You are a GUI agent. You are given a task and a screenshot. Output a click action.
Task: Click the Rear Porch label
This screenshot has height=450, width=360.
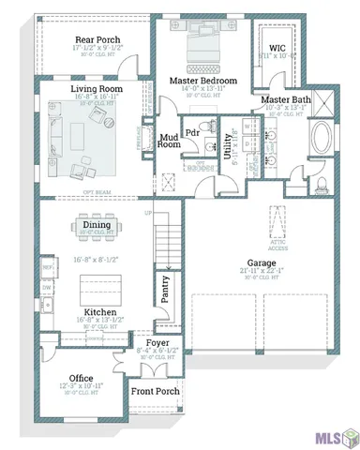point(97,40)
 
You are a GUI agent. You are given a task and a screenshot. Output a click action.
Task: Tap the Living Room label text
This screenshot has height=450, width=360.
point(97,89)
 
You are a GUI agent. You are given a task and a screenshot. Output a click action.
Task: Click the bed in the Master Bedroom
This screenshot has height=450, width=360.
point(202,46)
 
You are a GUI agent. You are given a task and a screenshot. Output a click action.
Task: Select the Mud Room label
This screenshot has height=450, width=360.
point(169,140)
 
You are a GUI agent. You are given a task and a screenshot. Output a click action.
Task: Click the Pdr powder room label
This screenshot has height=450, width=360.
point(192,132)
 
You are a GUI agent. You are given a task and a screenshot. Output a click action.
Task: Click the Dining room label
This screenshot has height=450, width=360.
point(97,225)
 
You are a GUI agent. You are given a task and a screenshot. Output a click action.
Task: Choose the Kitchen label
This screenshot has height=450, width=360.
point(99,311)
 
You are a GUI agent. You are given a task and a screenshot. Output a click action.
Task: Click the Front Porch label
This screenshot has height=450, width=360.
point(155,391)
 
